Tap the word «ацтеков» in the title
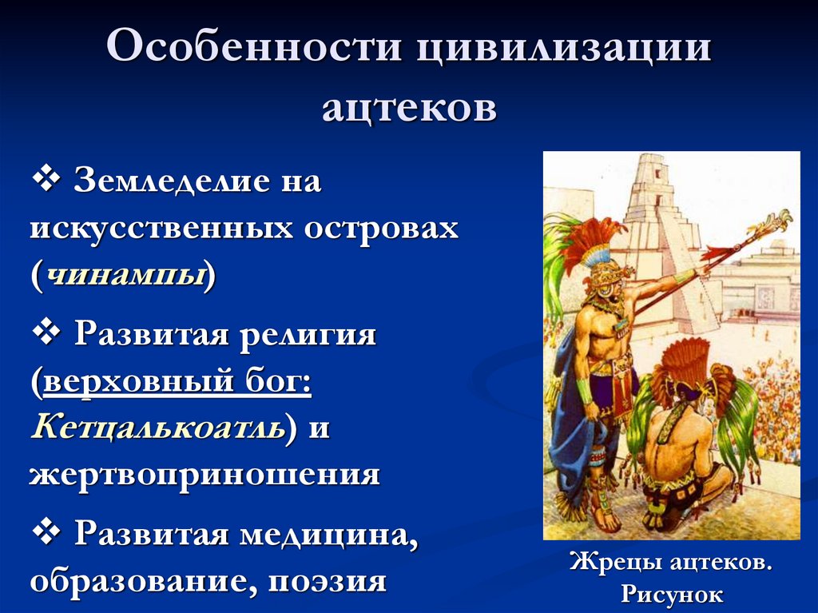point(409,106)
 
